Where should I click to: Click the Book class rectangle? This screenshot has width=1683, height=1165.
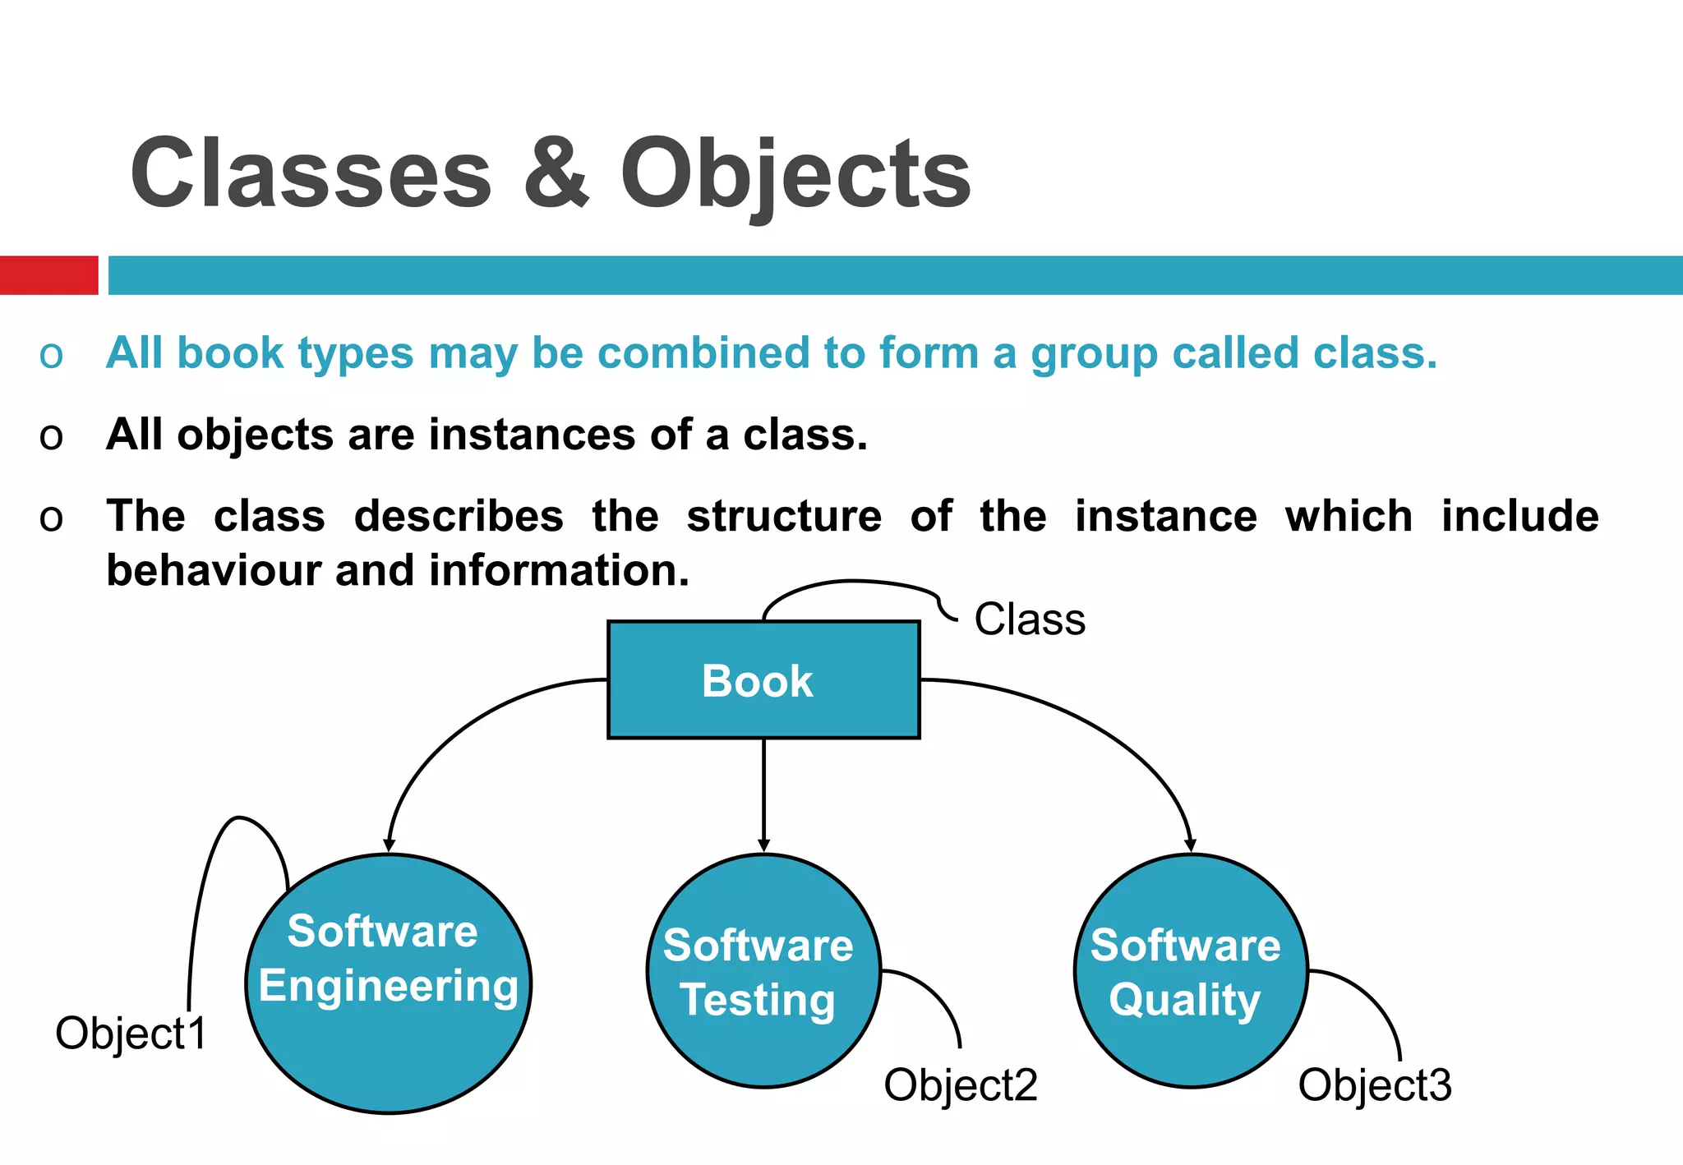click(x=763, y=679)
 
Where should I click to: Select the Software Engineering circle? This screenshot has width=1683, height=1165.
click(x=388, y=983)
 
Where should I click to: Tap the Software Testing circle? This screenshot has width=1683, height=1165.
click(x=763, y=971)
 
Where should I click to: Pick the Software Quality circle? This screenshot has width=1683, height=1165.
click(x=1190, y=971)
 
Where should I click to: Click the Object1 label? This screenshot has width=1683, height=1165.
click(x=131, y=1033)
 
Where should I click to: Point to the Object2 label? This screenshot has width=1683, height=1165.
click(x=960, y=1084)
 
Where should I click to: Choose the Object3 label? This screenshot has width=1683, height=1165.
click(x=1374, y=1084)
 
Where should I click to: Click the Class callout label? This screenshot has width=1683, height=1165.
click(x=1029, y=619)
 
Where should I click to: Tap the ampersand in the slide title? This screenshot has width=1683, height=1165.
click(x=556, y=173)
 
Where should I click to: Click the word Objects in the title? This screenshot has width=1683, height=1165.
click(x=795, y=175)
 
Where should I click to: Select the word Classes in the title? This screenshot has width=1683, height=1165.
click(x=311, y=173)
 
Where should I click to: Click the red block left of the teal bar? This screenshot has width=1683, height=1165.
click(x=48, y=274)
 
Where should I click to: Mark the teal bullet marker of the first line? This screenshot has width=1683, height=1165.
click(x=51, y=356)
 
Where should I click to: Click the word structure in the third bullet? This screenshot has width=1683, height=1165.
click(x=784, y=516)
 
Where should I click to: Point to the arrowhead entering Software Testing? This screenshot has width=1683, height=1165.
click(x=763, y=845)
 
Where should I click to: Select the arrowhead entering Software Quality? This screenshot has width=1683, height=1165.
click(x=1190, y=845)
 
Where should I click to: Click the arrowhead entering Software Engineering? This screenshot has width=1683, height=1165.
click(x=389, y=845)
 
